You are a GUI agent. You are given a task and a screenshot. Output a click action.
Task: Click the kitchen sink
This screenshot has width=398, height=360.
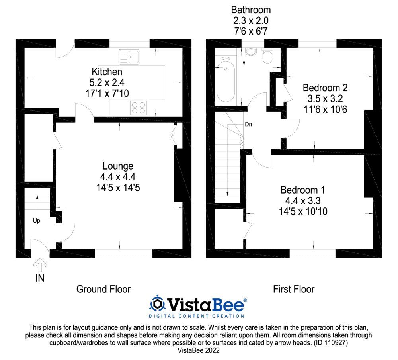pos(129,57)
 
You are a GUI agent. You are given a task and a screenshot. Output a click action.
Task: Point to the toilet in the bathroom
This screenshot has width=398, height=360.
pos(268,57)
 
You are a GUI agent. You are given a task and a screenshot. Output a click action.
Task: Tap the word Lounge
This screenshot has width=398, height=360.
pos(118,166)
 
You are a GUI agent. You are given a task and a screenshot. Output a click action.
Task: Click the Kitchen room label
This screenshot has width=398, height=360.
pos(107,72)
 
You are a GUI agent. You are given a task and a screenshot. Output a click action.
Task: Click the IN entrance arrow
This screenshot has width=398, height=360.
pos(40,263)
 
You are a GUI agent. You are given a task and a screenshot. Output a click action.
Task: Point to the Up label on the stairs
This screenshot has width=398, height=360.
pos(36,220)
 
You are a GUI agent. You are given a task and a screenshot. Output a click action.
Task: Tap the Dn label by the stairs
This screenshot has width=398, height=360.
pos(248,125)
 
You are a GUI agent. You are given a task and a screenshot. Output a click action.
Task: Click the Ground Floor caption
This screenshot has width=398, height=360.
pos(103,289)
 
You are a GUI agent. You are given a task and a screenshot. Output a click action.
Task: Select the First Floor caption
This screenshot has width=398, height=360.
pos(294,289)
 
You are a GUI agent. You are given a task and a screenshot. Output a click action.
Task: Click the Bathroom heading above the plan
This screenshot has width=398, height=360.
pos(251,10)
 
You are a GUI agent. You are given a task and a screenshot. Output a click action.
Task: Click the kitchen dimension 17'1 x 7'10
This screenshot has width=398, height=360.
pos(107,93)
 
